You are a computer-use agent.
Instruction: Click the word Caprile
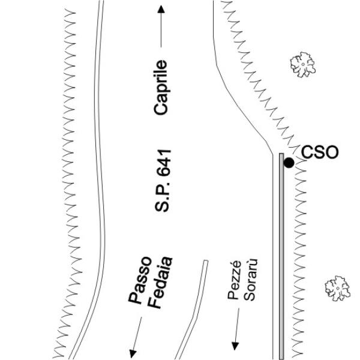(x=161, y=88)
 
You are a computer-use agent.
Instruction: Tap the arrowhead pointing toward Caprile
(x=161, y=9)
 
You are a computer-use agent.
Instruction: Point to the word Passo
(x=140, y=280)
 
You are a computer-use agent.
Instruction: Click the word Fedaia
(x=160, y=283)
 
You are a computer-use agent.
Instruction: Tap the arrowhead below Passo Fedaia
(x=133, y=354)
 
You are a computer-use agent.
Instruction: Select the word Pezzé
(x=235, y=280)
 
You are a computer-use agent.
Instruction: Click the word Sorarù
(x=250, y=280)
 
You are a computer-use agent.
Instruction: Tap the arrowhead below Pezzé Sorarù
(x=235, y=346)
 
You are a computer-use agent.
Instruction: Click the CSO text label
(x=320, y=152)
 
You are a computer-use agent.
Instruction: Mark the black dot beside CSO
(x=289, y=163)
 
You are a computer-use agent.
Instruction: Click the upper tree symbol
(x=303, y=65)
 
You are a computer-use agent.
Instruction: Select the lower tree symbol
(x=337, y=288)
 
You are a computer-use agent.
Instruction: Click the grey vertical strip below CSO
(x=281, y=256)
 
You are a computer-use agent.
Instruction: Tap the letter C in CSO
(x=307, y=152)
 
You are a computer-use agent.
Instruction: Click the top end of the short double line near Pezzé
(x=206, y=260)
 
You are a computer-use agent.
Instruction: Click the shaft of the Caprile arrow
(x=161, y=30)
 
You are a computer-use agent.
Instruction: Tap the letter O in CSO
(x=332, y=152)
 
